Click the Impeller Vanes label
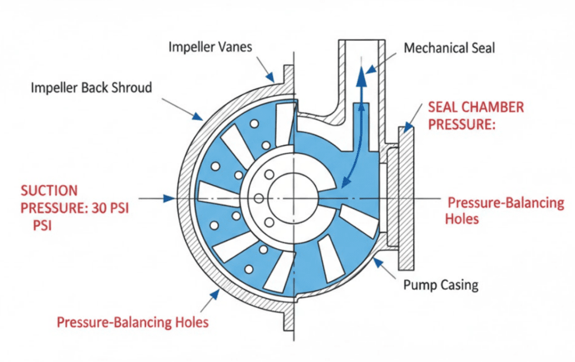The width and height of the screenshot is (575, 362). [210, 47]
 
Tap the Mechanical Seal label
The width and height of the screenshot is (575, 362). [449, 48]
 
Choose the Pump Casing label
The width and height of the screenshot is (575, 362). [441, 285]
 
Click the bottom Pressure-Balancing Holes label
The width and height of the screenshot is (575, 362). [133, 322]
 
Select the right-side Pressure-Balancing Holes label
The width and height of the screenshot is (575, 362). [504, 210]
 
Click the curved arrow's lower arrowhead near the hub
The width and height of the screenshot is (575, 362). [343, 181]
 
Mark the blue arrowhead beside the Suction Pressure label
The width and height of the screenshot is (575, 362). [167, 198]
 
